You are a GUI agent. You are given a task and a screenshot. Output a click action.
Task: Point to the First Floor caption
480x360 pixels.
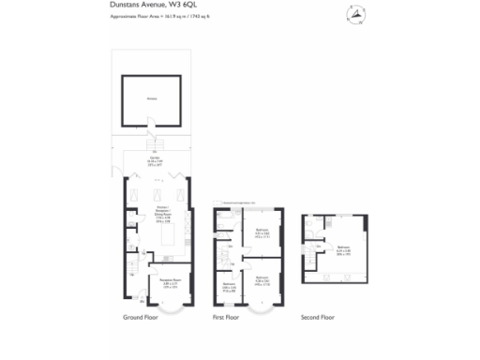[x=226, y=318]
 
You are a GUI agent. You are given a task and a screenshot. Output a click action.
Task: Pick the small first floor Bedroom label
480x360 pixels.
[x=228, y=288]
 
